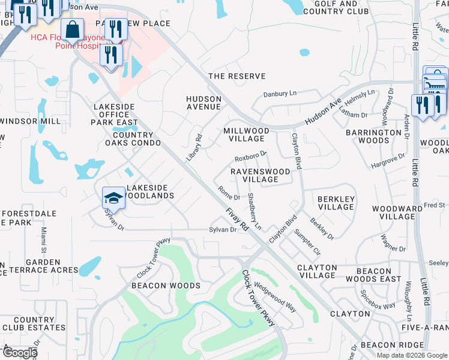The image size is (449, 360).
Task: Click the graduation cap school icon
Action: click(113, 197)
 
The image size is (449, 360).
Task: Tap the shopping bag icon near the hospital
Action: click(72, 29)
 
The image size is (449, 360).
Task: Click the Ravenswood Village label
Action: click(261, 175)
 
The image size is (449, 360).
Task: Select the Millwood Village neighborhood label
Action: click(246, 134)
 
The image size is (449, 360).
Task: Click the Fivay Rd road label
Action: click(238, 219)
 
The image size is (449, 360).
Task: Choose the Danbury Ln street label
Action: click(280, 94)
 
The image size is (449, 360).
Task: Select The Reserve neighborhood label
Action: click(237, 76)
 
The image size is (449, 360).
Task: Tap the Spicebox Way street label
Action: click(378, 298)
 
